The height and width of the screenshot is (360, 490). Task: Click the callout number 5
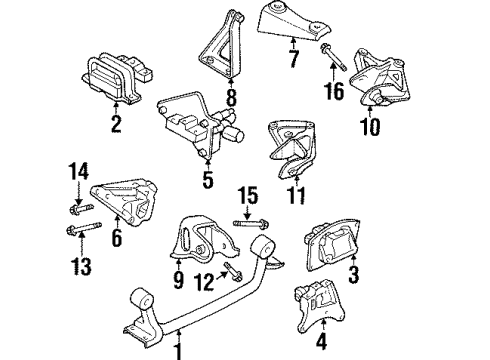tap(207, 182)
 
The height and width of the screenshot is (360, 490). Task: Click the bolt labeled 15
tap(245, 222)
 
